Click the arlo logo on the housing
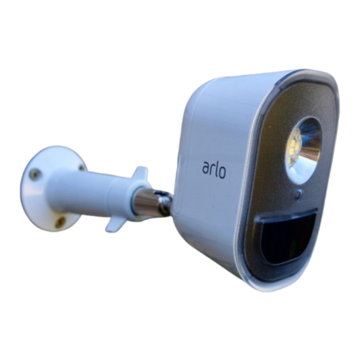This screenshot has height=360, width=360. (x=214, y=170)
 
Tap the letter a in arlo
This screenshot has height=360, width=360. (x=206, y=168)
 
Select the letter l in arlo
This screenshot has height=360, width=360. (x=215, y=168)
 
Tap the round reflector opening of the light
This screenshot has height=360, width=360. (x=303, y=143)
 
